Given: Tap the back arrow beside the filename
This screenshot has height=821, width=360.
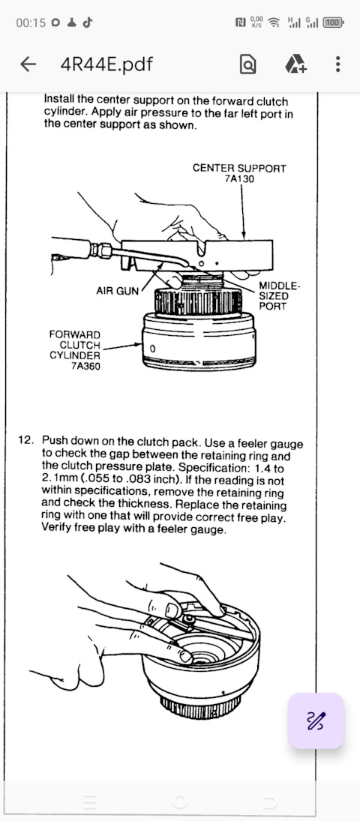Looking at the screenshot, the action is pos(28,64).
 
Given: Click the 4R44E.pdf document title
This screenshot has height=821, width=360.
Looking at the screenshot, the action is pos(107,64).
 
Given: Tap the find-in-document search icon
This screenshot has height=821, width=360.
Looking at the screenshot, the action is pos(247,64).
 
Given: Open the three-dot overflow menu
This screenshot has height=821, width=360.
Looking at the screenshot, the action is pos(337,64).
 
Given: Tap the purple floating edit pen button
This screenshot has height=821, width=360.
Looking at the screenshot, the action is pos(316,721).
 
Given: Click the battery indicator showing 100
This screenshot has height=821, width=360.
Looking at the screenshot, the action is pos(333,22).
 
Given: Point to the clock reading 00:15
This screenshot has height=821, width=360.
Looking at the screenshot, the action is pos(31,23).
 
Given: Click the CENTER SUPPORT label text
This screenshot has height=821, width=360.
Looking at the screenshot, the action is pos(239,169).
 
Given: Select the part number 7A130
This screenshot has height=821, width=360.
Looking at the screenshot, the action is pos(239,178).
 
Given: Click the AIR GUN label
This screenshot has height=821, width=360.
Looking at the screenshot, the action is pos(117,291).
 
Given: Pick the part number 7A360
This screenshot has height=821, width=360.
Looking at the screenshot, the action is pos(85,367).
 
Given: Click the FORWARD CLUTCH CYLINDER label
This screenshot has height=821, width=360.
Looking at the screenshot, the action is pos(74,345).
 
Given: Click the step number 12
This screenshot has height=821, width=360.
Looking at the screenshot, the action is pos(25,440).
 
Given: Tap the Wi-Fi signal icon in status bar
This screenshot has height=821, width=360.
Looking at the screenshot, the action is pos(274,22).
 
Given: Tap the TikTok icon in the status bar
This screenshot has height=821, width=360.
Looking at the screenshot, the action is pos(88,22).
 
